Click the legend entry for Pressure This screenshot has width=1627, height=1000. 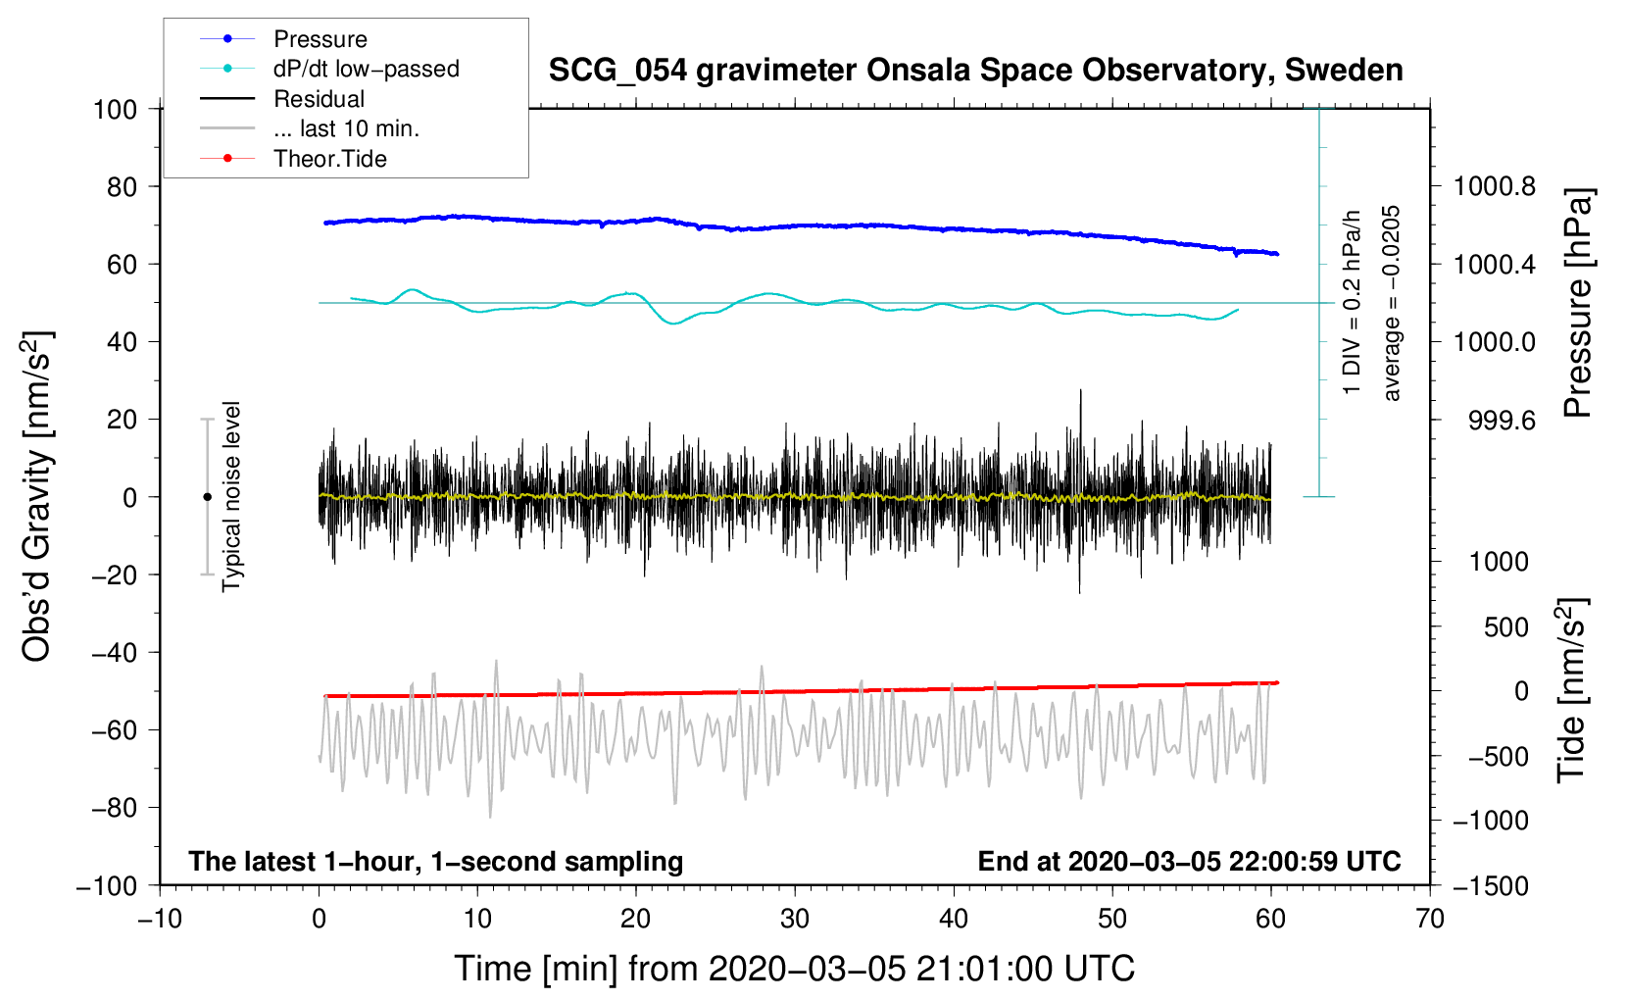click(x=320, y=39)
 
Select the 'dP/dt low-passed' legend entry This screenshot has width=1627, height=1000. click(x=366, y=69)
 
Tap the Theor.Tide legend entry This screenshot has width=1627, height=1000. click(x=329, y=159)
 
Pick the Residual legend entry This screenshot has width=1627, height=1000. click(x=319, y=99)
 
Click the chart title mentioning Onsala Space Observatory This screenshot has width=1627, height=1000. click(x=975, y=71)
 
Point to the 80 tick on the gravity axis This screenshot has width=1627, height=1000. click(x=115, y=186)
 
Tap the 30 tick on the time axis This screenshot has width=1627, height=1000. click(x=795, y=919)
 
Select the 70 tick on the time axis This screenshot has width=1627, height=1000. click(x=1430, y=919)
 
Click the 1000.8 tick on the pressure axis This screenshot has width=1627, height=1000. click(x=1494, y=186)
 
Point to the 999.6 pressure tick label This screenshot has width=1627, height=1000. click(x=1502, y=421)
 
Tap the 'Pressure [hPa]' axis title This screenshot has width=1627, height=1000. click(x=1578, y=303)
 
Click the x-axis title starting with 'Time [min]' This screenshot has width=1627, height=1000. click(x=794, y=969)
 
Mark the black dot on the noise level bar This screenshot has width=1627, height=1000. click(x=207, y=497)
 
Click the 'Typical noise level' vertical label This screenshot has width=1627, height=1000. click(x=231, y=496)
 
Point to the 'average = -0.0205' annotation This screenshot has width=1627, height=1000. click(x=1391, y=303)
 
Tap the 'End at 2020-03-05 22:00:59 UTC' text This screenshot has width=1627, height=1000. click(x=1189, y=861)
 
